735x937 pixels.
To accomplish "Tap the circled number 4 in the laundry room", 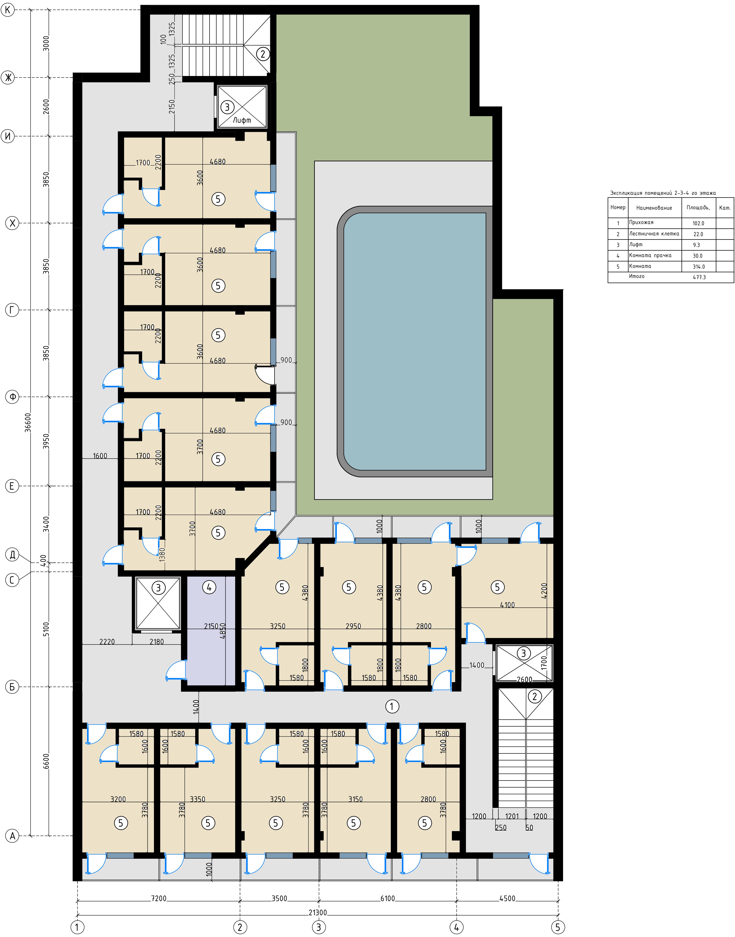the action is [209, 587].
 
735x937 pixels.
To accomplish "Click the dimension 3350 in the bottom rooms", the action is [198, 799].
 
